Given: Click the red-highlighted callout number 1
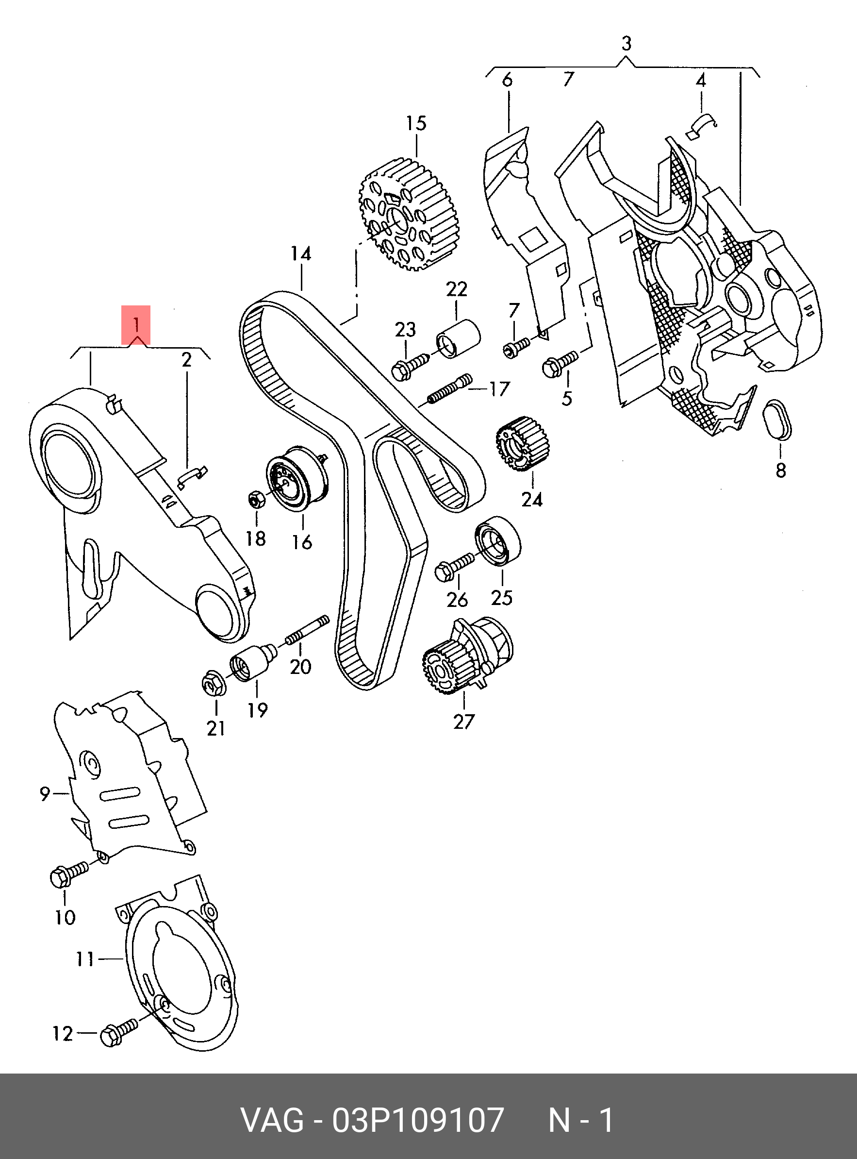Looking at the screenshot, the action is tap(136, 325).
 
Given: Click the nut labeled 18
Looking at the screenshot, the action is tap(257, 499).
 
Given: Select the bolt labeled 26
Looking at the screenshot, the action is tap(453, 566).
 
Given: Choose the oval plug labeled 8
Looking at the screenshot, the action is tap(778, 421).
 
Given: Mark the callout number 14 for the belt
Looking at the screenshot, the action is tap(301, 254).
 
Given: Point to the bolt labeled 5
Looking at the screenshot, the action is tap(559, 363).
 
